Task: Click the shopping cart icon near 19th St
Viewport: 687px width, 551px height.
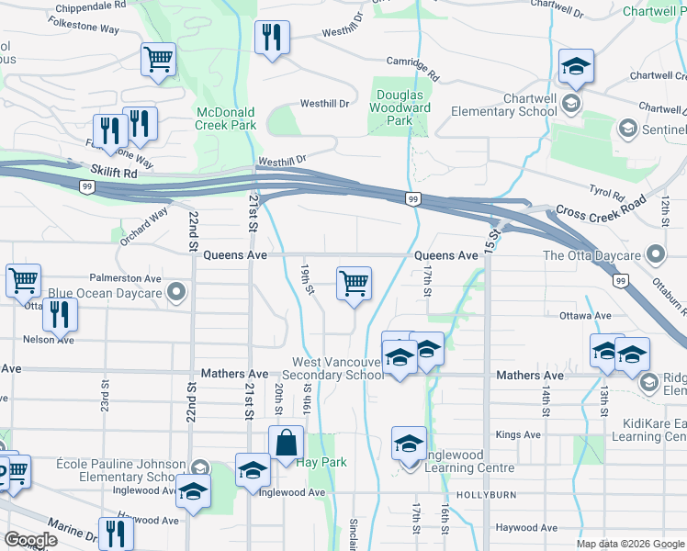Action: point(354,284)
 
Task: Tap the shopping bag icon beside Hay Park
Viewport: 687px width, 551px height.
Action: point(286,443)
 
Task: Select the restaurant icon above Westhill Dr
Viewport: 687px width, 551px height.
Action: point(271,38)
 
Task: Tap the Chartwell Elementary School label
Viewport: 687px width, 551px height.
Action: point(503,111)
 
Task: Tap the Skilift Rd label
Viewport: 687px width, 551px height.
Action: point(114,172)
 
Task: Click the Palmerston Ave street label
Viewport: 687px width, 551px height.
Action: point(125,277)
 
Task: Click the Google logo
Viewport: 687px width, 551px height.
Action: point(32,540)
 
